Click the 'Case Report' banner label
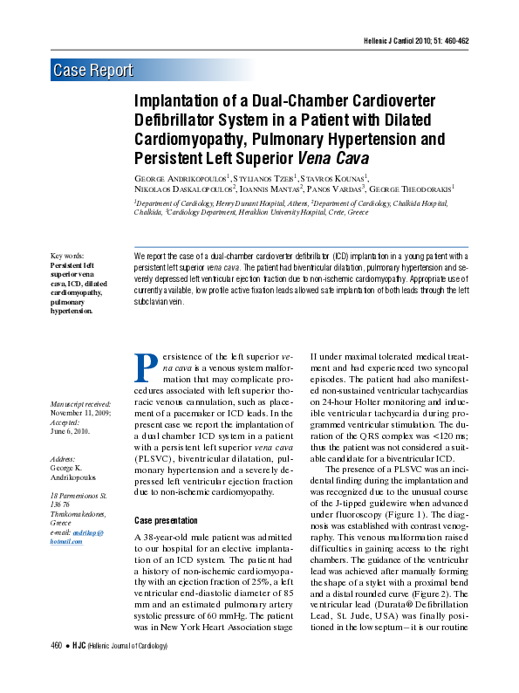[x=93, y=71]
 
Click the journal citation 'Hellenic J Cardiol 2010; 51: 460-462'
[x=415, y=42]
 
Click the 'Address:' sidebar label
[x=63, y=458]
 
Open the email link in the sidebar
[x=77, y=537]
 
